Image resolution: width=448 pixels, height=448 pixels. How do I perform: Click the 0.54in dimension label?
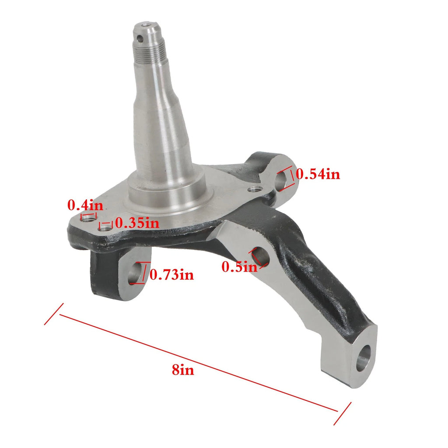(318, 174)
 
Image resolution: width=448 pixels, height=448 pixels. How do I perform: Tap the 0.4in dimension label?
(85, 205)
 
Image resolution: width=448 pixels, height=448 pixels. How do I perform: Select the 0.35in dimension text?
(137, 223)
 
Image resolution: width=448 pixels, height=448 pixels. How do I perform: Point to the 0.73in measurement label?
(171, 275)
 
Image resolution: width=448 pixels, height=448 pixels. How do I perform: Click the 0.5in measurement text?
(239, 267)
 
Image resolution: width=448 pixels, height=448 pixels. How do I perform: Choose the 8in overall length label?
(183, 370)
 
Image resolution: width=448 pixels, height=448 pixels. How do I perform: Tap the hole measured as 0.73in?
(135, 273)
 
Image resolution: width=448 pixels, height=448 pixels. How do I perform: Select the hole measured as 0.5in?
(261, 256)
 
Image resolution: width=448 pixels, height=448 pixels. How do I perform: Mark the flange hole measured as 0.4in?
(88, 219)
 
